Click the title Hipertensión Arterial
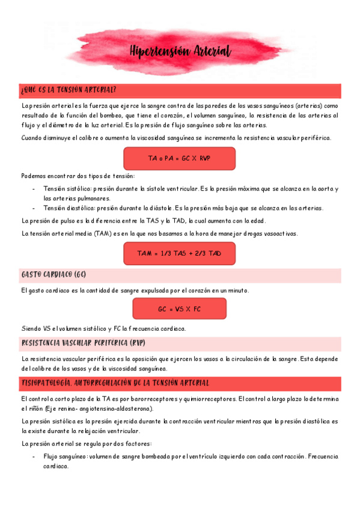coord(180,52)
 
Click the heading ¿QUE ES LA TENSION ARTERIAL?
coord(68,90)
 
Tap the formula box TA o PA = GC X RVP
coord(180,159)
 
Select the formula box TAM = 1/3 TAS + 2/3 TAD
coord(179,253)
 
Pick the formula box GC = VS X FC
coord(179,309)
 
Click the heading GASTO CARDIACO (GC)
coord(54,275)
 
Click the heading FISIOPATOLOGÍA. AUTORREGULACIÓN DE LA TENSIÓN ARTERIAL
coord(115,382)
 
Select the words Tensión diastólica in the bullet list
coord(67,208)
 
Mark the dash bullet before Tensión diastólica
coord(34,208)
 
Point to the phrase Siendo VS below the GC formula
coord(35,328)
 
